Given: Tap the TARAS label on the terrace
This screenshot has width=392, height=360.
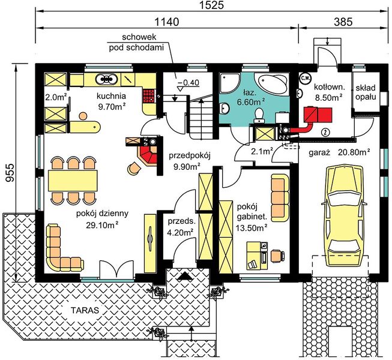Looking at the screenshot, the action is point(85,310).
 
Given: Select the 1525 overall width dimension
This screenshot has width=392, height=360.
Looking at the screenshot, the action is point(211,5).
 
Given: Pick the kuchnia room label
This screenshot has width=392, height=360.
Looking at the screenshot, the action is point(111,96).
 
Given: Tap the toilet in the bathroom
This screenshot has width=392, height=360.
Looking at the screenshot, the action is point(259,115).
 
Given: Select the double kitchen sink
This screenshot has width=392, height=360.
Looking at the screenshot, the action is point(106,79).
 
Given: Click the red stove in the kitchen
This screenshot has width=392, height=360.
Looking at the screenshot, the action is point(149,96).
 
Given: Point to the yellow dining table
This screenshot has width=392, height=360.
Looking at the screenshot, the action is point(73,181).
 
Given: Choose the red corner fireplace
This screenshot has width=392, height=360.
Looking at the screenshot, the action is point(148,154).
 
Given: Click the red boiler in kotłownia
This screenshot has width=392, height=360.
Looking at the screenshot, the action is point(318,115).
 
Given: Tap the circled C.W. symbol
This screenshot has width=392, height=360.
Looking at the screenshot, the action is point(304,78).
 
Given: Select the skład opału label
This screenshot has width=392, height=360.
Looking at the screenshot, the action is point(366,92).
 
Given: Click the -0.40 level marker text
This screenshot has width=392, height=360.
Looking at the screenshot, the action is point(188,82).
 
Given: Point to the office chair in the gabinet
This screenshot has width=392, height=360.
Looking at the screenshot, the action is point(277,256).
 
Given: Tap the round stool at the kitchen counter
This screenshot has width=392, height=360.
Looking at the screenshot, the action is point(83,116).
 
